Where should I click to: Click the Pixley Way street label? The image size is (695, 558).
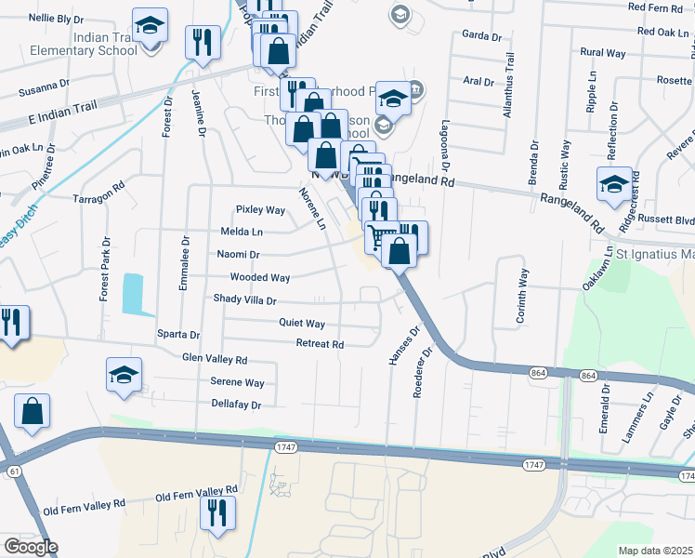click(260, 210)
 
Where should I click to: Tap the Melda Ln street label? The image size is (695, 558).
click(242, 232)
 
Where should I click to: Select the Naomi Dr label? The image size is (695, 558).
click(239, 254)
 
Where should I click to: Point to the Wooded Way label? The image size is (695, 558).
click(260, 277)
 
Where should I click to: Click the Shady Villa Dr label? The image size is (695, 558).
click(245, 300)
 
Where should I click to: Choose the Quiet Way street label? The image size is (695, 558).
click(302, 324)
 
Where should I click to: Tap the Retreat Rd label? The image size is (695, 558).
click(320, 344)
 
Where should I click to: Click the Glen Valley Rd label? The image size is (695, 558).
click(215, 359)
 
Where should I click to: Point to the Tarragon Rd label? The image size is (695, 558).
click(98, 197)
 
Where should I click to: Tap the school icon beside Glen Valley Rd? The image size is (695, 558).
click(124, 374)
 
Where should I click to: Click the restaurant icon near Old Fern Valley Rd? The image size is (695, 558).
click(216, 512)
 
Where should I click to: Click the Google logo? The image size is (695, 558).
click(30, 547)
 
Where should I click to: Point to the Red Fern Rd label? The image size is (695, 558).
click(654, 7)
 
